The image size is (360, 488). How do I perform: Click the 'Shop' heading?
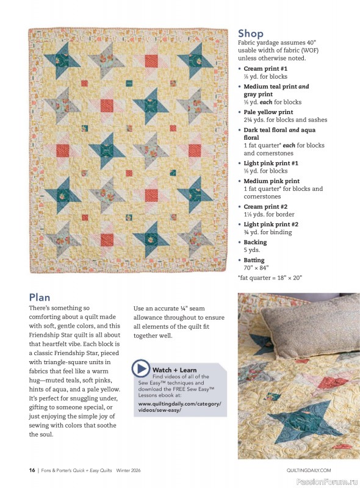pos(250,34)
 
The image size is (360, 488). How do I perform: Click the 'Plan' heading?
pos(40,297)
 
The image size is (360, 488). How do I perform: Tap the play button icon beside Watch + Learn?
pos(141,368)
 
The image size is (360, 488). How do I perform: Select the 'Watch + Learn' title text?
pos(175,370)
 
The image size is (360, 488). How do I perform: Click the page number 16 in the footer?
pos(32,470)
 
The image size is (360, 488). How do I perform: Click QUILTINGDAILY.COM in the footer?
pos(308,470)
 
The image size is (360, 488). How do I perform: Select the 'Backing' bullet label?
pos(255,242)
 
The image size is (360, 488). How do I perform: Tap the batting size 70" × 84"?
pos(256,267)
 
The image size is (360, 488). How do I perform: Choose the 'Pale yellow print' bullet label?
pos(268,112)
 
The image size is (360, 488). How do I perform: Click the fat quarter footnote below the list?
pos(270,278)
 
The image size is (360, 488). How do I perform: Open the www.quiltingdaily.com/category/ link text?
pos(179,404)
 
